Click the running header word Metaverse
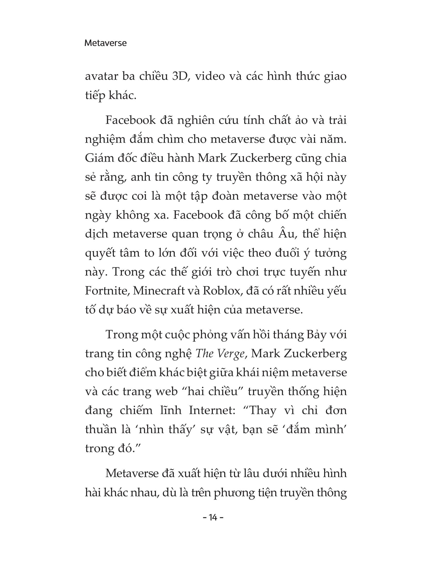coord(105,43)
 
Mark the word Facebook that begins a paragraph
coord(130,120)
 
